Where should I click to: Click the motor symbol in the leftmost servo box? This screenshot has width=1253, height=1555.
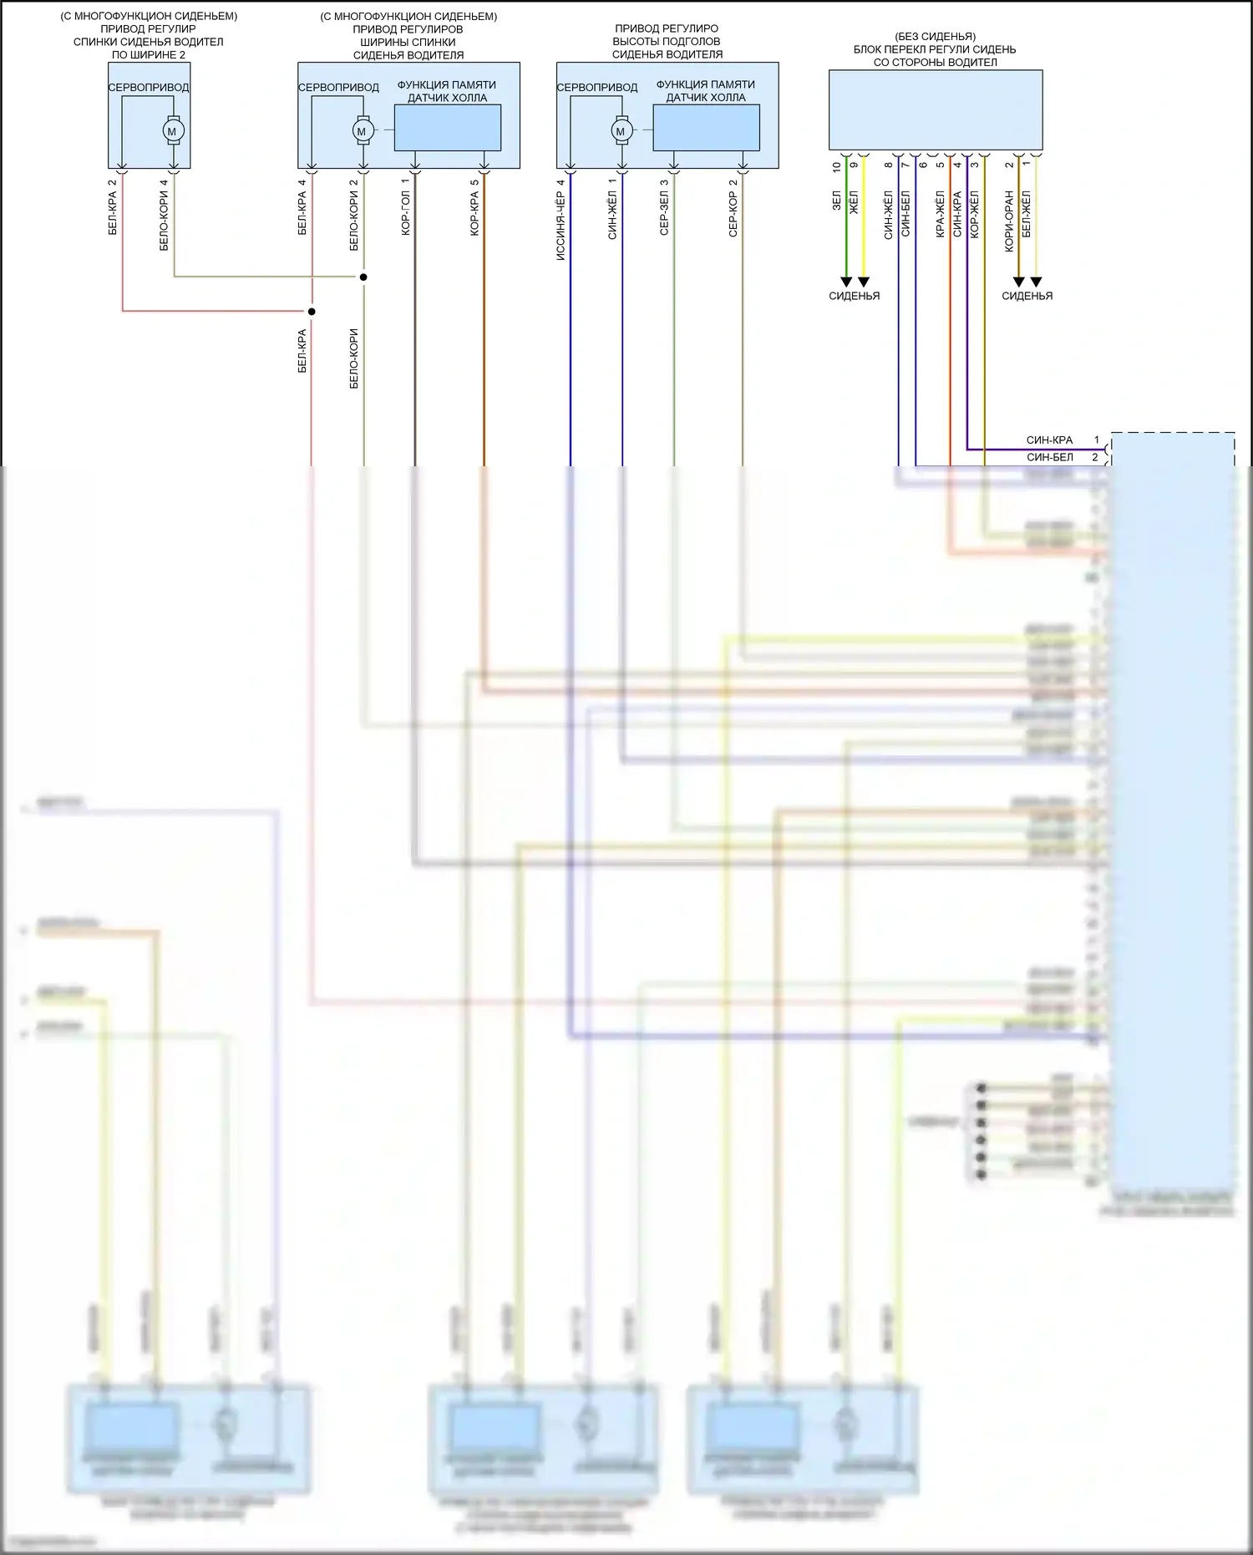point(173,131)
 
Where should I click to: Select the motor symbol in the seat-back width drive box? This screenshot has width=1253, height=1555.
point(362,131)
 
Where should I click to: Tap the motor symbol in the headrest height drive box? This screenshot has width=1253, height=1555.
point(621,131)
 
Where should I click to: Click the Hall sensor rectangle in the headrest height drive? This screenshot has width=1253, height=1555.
point(706,128)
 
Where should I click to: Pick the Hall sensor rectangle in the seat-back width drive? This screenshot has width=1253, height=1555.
point(447,128)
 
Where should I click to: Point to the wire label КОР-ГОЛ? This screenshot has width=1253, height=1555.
point(406,213)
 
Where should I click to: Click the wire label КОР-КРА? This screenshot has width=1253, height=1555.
point(474,213)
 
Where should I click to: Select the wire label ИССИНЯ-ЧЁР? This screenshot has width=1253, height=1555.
point(561,226)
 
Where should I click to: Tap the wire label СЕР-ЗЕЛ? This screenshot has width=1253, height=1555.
point(665,213)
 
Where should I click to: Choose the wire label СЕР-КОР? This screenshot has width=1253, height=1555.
point(733,213)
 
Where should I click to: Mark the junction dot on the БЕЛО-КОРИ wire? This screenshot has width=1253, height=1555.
point(363,277)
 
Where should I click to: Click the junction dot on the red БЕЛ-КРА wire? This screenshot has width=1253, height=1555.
point(312,312)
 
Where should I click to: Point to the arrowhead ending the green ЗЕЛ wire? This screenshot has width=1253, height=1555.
point(846,282)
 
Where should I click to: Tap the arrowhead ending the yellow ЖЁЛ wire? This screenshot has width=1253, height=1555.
point(864,282)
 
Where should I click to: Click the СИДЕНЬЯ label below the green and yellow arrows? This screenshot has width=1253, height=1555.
point(854,296)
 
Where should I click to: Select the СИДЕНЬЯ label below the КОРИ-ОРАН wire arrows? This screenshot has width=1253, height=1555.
point(1027,296)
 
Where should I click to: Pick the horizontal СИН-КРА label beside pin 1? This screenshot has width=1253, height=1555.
point(1049,440)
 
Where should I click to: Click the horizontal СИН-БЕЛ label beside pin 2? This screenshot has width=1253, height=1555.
point(1049,457)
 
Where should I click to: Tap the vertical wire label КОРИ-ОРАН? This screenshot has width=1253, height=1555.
point(1009,221)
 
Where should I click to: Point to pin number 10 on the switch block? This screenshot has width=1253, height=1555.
point(837,166)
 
